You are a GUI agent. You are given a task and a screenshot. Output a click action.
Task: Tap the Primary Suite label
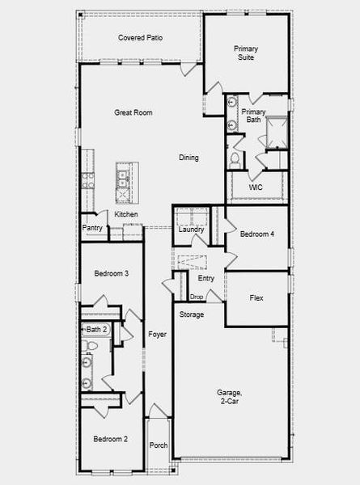click(x=246, y=53)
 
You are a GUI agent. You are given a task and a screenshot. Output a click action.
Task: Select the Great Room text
click(x=133, y=113)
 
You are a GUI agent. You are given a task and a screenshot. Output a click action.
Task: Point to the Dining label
click(x=188, y=158)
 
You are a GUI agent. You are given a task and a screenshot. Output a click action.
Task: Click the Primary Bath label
click(x=254, y=116)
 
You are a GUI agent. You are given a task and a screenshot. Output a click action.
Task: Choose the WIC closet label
click(x=256, y=188)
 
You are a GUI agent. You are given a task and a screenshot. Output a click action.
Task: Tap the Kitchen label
click(x=125, y=214)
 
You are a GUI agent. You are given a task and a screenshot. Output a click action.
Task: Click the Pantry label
click(x=92, y=228)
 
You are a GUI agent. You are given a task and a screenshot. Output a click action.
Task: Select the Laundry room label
click(x=191, y=230)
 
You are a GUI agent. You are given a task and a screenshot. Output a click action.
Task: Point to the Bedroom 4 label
click(x=256, y=234)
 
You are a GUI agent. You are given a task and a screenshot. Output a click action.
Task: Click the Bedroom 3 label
click(x=111, y=273)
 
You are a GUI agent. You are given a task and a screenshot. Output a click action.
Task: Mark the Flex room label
click(x=256, y=298)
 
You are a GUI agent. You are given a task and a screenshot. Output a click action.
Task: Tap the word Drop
click(x=197, y=297)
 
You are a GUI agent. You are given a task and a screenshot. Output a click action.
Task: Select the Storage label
click(x=192, y=314)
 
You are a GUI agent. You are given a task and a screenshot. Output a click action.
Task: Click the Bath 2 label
click(x=96, y=329)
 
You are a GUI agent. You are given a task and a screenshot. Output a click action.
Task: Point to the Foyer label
click(x=157, y=334)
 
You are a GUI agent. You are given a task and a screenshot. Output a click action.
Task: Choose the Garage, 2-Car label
click(x=230, y=397)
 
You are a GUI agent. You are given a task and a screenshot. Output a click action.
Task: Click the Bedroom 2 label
click(x=110, y=439)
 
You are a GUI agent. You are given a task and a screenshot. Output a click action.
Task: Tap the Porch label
click(x=159, y=445)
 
